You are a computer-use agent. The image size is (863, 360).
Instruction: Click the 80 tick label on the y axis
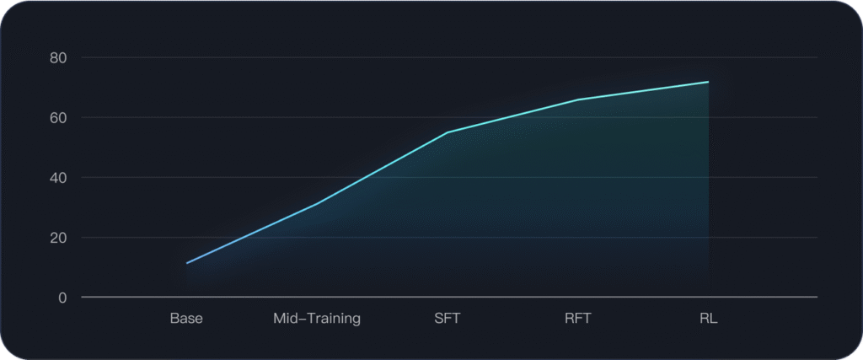pos(59,58)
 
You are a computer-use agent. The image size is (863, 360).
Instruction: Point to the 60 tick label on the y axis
pos(59,118)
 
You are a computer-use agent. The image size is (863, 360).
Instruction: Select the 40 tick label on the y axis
pos(59,178)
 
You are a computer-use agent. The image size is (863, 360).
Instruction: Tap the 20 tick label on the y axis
pos(59,238)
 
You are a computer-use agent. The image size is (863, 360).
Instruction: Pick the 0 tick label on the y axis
pos(62,298)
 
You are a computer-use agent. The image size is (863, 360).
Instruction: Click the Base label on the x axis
pos(186,319)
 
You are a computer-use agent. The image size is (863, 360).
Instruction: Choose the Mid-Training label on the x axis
pos(317,319)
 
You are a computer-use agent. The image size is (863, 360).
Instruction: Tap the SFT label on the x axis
pos(448,319)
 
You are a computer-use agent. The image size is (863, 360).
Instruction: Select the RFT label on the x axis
pos(578,319)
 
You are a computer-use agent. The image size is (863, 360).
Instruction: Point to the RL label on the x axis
pos(708,319)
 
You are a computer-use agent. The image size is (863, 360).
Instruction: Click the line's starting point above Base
pos(187,263)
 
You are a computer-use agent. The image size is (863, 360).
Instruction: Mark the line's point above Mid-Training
pos(317,204)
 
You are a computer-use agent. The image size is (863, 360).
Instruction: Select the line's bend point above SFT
pos(448,132)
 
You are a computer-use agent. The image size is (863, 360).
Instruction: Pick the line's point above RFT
pos(578,99)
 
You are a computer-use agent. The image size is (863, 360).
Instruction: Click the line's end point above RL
pos(708,82)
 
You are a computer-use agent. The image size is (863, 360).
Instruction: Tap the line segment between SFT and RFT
pos(512,116)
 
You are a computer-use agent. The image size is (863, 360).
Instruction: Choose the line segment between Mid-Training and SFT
pos(382,169)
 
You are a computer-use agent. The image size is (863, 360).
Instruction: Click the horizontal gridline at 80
pos(421,57)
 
